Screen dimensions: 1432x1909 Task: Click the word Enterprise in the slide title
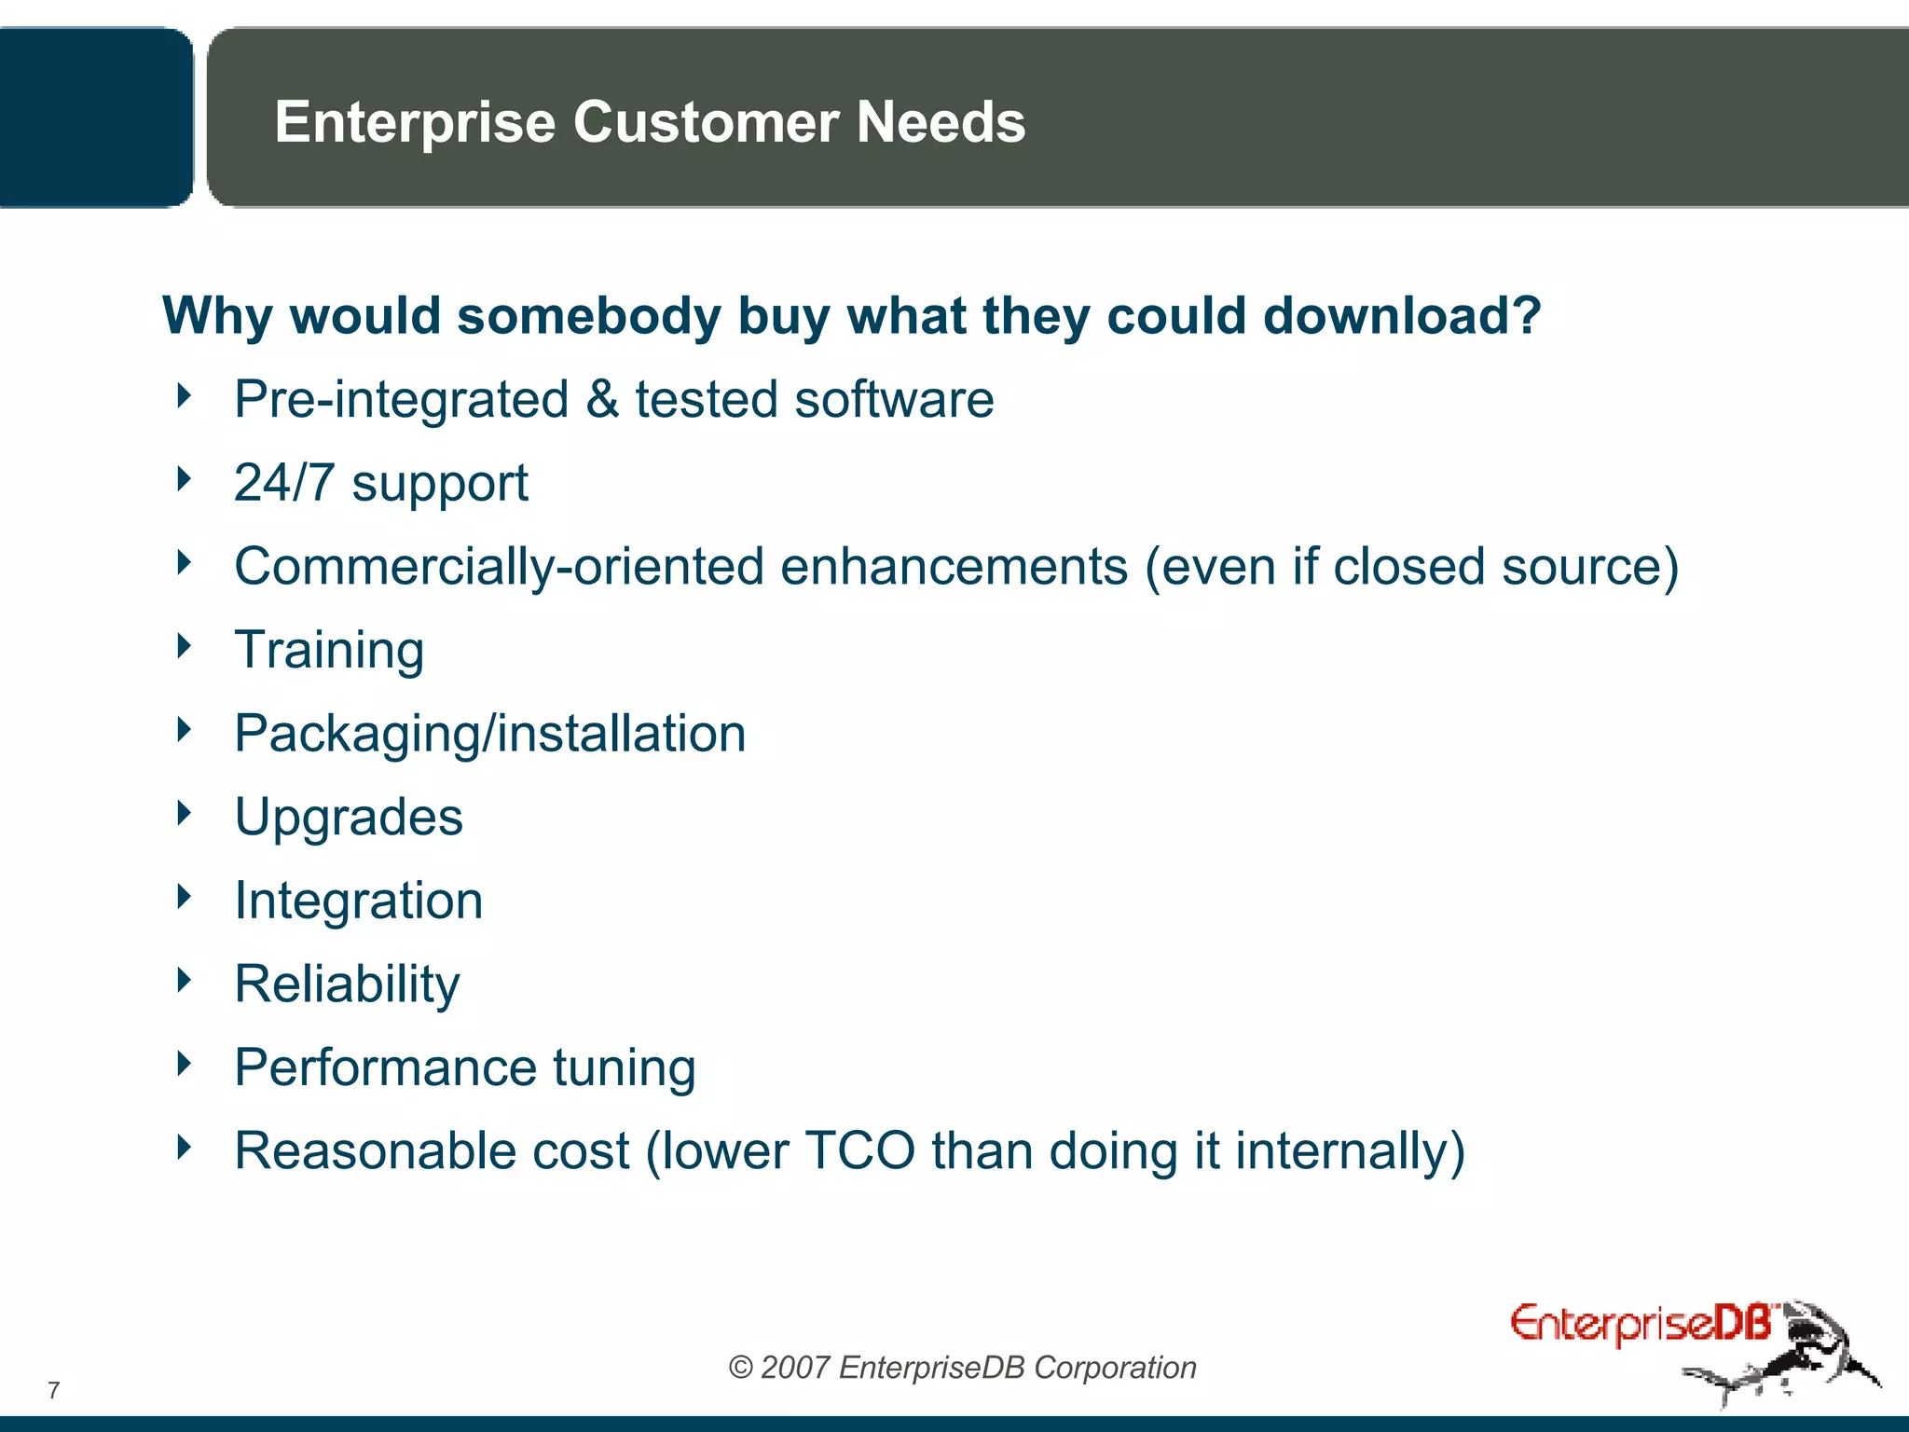(415, 123)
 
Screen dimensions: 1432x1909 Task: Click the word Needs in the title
(941, 122)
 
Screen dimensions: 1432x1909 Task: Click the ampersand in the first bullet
(602, 400)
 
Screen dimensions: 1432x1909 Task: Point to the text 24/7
(283, 483)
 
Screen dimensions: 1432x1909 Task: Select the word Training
(329, 650)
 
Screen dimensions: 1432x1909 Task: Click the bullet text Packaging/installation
(489, 734)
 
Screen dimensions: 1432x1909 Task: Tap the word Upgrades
(349, 818)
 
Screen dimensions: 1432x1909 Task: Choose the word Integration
(358, 901)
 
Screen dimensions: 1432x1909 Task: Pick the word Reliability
(347, 984)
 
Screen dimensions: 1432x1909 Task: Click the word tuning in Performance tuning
(624, 1067)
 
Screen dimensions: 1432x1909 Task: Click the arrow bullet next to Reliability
(184, 980)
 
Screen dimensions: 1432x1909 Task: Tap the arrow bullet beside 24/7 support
(184, 479)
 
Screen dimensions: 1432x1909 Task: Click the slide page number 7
(54, 1391)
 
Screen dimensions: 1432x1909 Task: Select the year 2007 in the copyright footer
(794, 1368)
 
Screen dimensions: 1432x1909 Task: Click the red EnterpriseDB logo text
(1641, 1324)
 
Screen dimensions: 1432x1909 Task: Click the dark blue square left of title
(93, 117)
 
